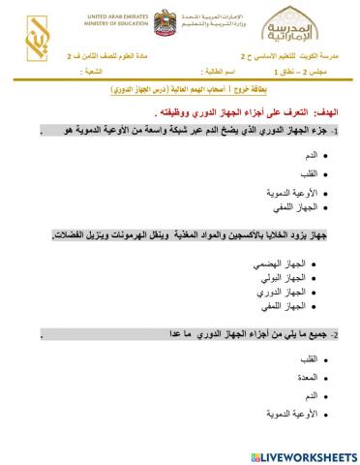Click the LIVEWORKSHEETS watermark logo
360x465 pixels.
coord(303,454)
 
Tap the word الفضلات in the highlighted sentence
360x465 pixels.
coord(55,235)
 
